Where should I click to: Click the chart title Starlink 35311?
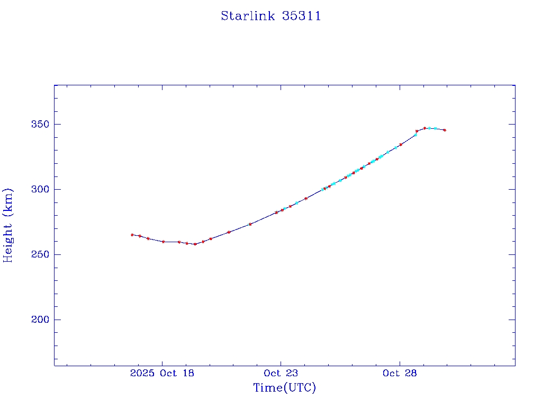[x=270, y=16]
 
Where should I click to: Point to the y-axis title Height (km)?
[x=8, y=225]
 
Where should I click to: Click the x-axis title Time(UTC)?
[x=284, y=388]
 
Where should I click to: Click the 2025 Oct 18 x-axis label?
[x=162, y=373]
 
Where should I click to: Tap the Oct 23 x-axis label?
[x=281, y=373]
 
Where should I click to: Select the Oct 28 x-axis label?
[x=400, y=373]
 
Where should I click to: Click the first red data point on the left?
[x=132, y=235]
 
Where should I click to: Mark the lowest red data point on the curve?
[x=195, y=244]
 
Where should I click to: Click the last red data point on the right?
[x=445, y=130]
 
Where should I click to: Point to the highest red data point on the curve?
[x=424, y=128]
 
